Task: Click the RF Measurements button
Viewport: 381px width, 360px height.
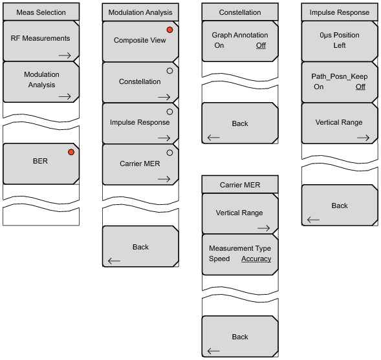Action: pyautogui.click(x=41, y=41)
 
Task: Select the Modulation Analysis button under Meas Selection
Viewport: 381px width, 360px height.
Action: pyautogui.click(x=41, y=82)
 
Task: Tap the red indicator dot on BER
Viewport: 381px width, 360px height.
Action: pyautogui.click(x=71, y=152)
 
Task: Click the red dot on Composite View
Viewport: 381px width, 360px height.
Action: pyautogui.click(x=170, y=30)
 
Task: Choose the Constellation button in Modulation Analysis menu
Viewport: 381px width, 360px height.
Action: pyautogui.click(x=140, y=83)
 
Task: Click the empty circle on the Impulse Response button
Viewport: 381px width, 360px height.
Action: pyautogui.click(x=170, y=112)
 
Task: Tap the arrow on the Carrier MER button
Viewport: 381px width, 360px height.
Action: pyautogui.click(x=164, y=179)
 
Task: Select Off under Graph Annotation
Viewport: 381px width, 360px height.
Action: pyautogui.click(x=261, y=45)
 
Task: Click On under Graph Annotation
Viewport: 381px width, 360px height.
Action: pyautogui.click(x=219, y=45)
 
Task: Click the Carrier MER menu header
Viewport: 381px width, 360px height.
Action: pyautogui.click(x=240, y=184)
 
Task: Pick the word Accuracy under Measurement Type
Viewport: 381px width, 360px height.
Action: pyautogui.click(x=256, y=259)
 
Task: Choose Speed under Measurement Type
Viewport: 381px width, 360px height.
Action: pyautogui.click(x=219, y=259)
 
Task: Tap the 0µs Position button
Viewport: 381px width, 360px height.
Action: pyautogui.click(x=340, y=41)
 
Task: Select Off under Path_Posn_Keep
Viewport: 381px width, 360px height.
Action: pyautogui.click(x=360, y=87)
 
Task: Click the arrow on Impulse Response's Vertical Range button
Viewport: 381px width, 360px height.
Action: pyautogui.click(x=364, y=138)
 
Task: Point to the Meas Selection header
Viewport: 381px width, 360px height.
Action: pyautogui.click(x=41, y=12)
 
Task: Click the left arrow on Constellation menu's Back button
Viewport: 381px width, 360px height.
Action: pyautogui.click(x=213, y=138)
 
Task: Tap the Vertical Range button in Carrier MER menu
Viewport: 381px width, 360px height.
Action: pyautogui.click(x=240, y=214)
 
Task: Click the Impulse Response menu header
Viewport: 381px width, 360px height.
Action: pyautogui.click(x=340, y=12)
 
